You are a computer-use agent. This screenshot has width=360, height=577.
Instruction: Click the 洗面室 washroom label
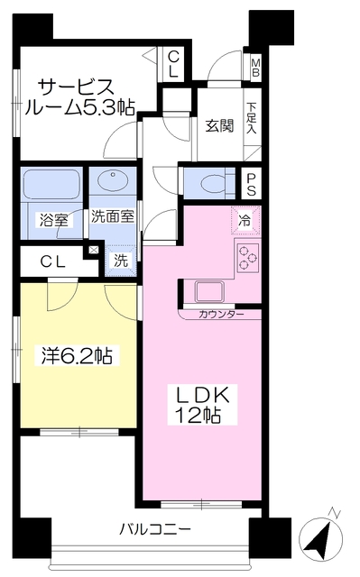113,216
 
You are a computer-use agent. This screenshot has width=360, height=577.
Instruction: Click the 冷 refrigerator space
245,219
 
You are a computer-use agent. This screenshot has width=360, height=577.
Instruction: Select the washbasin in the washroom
113,183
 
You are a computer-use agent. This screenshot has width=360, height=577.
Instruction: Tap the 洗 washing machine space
119,261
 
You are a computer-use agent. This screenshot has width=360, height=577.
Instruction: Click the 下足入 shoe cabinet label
252,118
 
